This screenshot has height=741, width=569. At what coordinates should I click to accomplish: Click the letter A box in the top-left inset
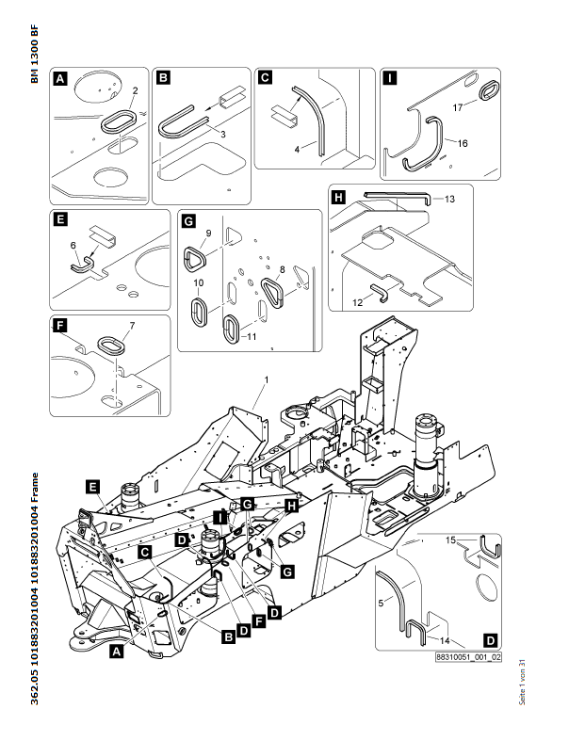(x=61, y=80)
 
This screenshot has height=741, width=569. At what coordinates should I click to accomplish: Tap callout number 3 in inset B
(x=223, y=136)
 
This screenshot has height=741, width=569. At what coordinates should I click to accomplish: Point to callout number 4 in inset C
(x=298, y=148)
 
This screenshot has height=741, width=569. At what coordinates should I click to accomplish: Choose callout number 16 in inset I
(x=462, y=142)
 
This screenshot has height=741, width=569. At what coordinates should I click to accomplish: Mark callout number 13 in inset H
(x=449, y=200)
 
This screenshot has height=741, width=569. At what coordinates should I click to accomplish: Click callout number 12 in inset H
(x=357, y=302)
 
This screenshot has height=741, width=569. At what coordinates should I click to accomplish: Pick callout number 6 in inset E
(x=73, y=245)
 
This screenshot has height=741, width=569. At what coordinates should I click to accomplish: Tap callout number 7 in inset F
(x=132, y=326)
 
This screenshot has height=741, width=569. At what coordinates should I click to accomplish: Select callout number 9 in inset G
(x=208, y=233)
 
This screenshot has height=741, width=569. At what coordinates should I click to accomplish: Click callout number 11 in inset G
(x=250, y=335)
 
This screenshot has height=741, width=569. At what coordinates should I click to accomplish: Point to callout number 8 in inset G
(x=297, y=271)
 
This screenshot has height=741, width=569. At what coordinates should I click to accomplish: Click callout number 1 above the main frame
(x=267, y=379)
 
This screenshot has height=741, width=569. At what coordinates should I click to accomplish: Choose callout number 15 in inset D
(x=449, y=539)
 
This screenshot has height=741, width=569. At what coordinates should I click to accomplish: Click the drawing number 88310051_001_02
(x=468, y=658)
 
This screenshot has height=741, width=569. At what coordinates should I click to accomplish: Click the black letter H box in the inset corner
(x=338, y=197)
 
